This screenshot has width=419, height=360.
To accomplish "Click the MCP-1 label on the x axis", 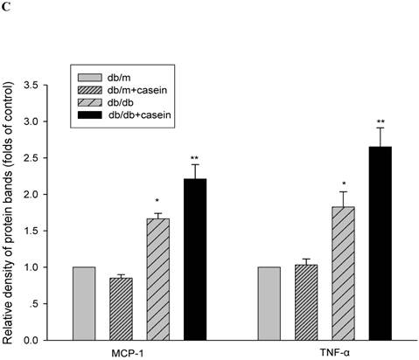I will [140, 351].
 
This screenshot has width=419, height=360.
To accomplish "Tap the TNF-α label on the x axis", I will [324, 351].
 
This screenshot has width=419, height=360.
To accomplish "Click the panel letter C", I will [7, 8].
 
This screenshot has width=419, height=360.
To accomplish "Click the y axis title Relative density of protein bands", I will [10, 210].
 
